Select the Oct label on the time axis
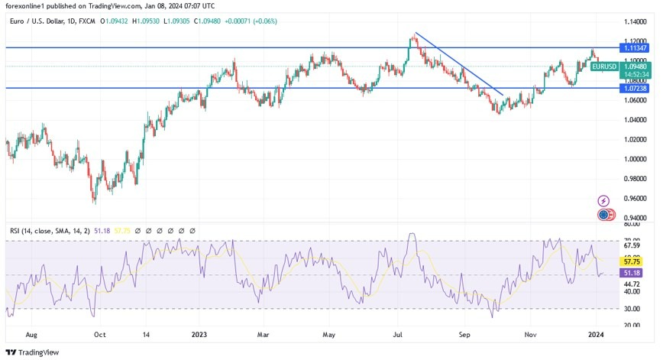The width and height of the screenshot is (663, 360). click(99, 334)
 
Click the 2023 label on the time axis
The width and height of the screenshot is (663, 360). click(200, 334)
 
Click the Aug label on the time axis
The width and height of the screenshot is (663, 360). click(31, 334)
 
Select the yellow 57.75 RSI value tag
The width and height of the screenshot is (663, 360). click(632, 261)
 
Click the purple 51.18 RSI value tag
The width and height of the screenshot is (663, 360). click(632, 272)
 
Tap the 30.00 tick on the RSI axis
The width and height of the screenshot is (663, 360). click(632, 308)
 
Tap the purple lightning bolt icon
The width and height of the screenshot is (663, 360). click(604, 201)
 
